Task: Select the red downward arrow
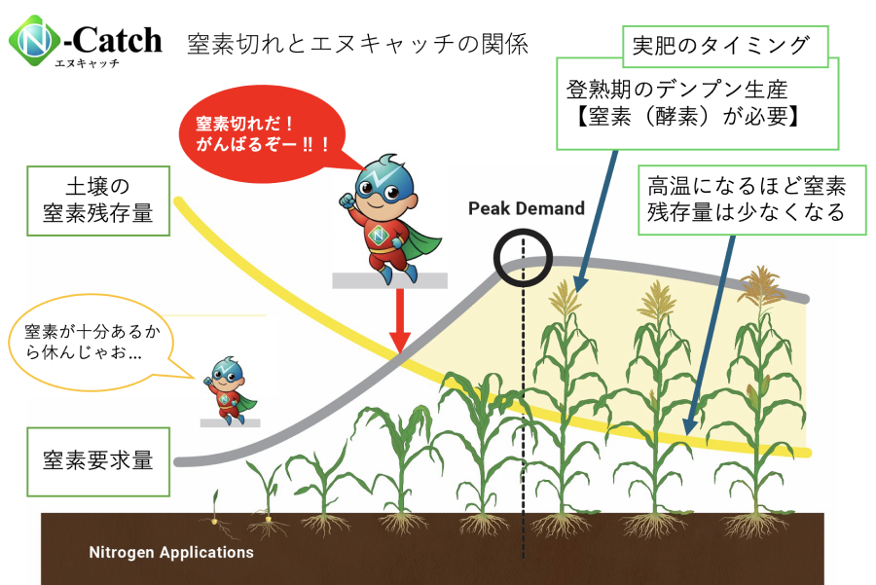[399, 321]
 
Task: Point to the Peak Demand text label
[526, 208]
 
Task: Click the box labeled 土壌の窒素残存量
[97, 200]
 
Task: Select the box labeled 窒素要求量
[97, 460]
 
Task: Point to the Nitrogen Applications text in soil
[171, 552]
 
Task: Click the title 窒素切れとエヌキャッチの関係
[358, 44]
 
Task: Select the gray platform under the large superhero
[389, 280]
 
